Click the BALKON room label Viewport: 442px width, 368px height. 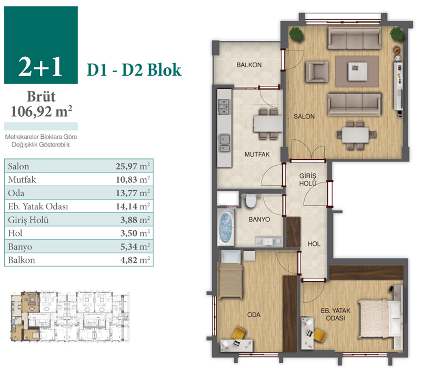249,65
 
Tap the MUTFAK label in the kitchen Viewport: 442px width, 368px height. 257,154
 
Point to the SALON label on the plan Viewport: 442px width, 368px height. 304,116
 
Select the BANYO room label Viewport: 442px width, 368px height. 259,219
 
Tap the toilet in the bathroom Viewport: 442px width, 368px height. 250,201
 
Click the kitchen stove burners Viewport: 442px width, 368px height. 224,107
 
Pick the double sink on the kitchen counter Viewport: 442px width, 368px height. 224,143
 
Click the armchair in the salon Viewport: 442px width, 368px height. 317,72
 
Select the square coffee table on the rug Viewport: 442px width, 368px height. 357,71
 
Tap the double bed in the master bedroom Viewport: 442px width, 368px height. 380,318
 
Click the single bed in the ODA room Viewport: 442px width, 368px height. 230,281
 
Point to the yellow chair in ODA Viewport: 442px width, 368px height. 238,333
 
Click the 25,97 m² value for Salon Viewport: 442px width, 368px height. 133,166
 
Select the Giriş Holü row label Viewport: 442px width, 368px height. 28,220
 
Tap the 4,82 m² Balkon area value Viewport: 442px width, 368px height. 135,260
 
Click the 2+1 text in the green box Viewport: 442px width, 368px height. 41,67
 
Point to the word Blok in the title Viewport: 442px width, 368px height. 164,70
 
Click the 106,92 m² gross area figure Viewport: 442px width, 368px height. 42,112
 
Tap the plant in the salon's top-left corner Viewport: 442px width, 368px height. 296,34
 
